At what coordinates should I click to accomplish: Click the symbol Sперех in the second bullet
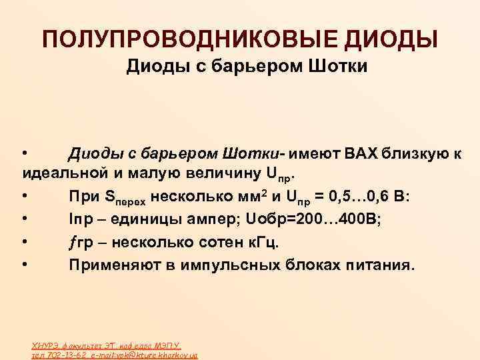[122, 198]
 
